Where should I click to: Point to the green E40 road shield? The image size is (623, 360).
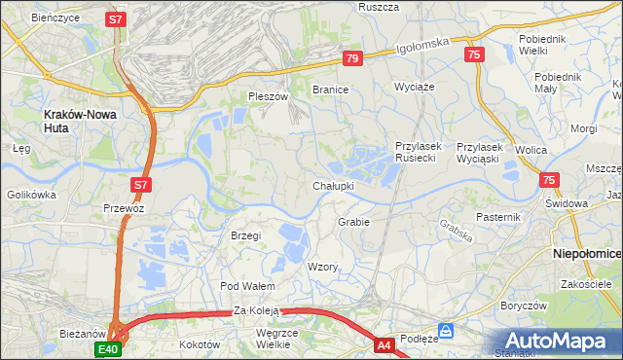tap(107, 349)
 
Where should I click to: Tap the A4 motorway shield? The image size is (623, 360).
tap(384, 343)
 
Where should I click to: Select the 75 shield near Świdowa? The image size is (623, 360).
tap(550, 180)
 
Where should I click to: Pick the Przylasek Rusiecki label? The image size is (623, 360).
tap(420, 153)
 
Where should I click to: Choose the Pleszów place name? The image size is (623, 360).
tap(269, 96)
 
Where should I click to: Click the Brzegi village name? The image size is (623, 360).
tap(245, 235)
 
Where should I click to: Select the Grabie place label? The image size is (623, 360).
tap(353, 222)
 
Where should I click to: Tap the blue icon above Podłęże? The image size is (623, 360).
tap(446, 330)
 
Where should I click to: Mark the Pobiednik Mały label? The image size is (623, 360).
tap(559, 82)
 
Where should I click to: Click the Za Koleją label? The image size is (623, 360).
tap(256, 311)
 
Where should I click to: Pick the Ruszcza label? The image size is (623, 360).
tap(380, 7)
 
